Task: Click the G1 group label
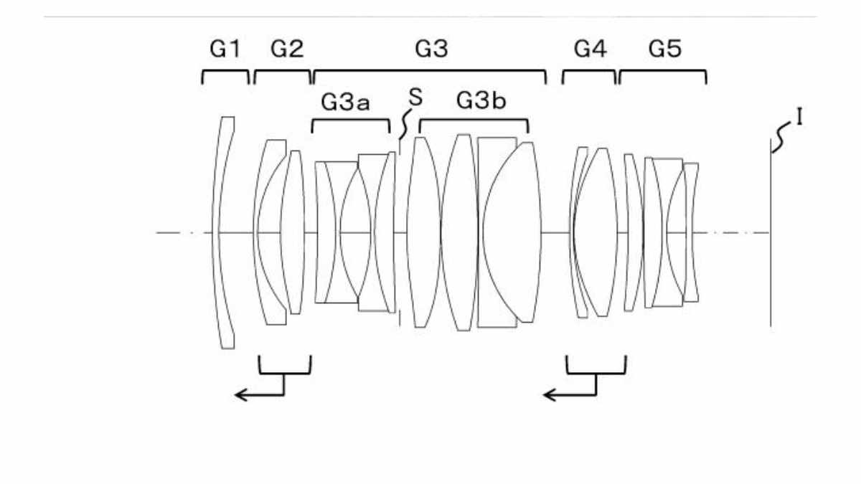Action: pyautogui.click(x=225, y=49)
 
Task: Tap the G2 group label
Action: pyautogui.click(x=287, y=49)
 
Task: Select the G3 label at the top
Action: pyautogui.click(x=431, y=49)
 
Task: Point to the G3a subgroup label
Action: pyautogui.click(x=345, y=103)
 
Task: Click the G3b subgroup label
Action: pyautogui.click(x=481, y=100)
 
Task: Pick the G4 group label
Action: pyautogui.click(x=590, y=49)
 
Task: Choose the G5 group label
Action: pyautogui.click(x=665, y=49)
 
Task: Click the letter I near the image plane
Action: pyautogui.click(x=800, y=117)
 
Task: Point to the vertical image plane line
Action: pyautogui.click(x=771, y=233)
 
